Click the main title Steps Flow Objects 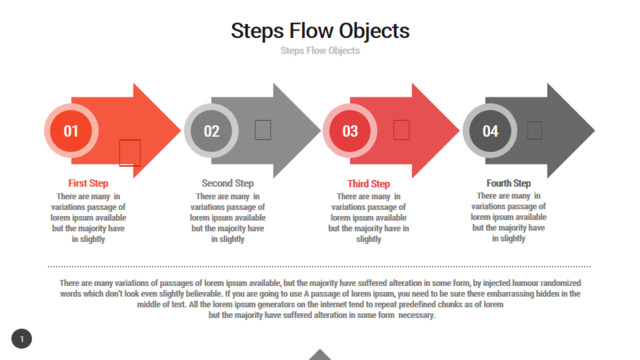320,31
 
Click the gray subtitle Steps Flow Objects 320,51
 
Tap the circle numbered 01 71,131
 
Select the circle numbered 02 211,131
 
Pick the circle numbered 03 350,131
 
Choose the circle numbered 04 490,131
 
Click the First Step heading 88,183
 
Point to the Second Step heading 228,183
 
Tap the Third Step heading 369,184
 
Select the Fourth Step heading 509,183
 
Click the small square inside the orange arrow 130,153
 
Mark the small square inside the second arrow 263,130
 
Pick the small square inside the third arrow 401,130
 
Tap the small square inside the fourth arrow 534,130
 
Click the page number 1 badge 22,339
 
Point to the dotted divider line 319,267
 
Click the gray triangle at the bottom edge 320,354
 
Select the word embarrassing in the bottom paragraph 509,294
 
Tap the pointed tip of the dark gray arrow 595,131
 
